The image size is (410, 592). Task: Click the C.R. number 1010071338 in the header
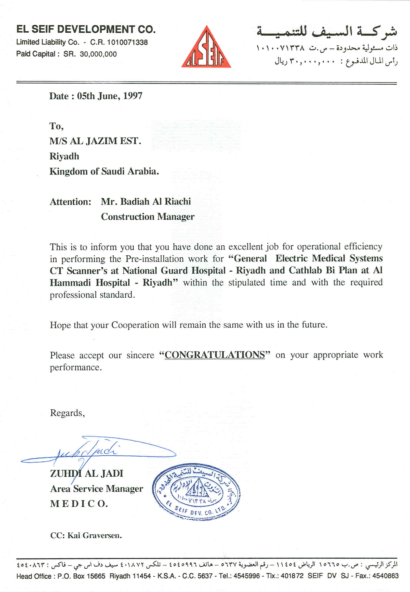coord(127,42)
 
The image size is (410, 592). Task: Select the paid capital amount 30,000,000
coord(98,54)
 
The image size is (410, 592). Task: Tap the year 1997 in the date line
coord(133,96)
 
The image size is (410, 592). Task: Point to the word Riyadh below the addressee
coord(64,156)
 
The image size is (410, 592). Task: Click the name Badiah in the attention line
coord(135,201)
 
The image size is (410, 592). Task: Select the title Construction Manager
coord(148,217)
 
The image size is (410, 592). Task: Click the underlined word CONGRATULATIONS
coord(215,355)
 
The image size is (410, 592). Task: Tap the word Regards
coord(67,413)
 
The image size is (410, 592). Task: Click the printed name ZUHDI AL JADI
coord(87,473)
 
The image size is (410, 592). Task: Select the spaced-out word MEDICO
coord(79,504)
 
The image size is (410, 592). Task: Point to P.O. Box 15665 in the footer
coord(81,576)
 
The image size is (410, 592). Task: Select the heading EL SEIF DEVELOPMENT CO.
coord(86,29)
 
